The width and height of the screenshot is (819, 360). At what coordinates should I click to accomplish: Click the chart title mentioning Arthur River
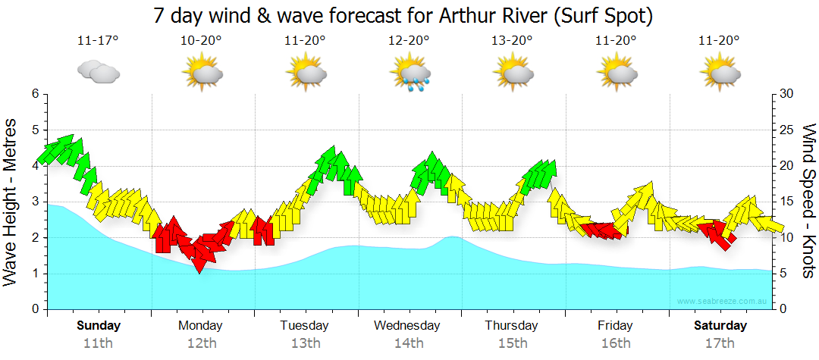click(403, 15)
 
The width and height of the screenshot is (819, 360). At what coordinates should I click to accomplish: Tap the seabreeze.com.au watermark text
click(724, 302)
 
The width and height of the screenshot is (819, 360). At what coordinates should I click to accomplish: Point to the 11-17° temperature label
click(98, 40)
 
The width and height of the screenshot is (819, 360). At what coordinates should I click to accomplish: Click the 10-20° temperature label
click(201, 40)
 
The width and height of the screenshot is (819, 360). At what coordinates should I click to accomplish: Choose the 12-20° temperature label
click(409, 40)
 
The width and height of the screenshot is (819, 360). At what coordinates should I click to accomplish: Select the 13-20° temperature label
click(513, 40)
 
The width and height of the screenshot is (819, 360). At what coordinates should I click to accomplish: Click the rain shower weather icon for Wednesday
click(409, 74)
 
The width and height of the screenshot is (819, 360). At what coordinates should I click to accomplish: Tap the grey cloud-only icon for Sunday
click(98, 73)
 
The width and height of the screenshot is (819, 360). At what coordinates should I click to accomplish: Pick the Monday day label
click(200, 326)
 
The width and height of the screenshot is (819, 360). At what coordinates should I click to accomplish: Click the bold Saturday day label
click(720, 326)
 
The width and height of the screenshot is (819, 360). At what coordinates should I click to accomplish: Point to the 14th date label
click(409, 343)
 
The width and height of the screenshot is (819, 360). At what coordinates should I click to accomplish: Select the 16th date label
click(616, 343)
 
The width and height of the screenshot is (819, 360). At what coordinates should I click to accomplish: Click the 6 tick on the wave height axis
click(35, 94)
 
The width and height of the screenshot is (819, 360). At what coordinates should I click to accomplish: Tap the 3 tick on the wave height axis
click(35, 202)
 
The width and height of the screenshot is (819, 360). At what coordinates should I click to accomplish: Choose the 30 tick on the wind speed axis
click(787, 94)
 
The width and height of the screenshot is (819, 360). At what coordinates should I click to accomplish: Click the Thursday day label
click(512, 326)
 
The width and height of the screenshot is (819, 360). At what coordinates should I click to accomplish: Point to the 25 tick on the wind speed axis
click(787, 130)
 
